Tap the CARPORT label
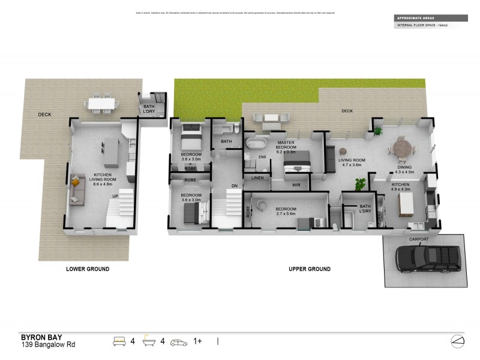click(419, 239)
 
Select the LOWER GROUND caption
click(88, 269)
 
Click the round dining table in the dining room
click(403, 147)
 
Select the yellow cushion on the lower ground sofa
click(76, 180)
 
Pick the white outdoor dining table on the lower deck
click(102, 104)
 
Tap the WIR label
click(296, 185)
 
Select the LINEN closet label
click(257, 178)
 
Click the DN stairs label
click(235, 186)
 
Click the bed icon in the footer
click(119, 341)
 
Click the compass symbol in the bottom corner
click(457, 341)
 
